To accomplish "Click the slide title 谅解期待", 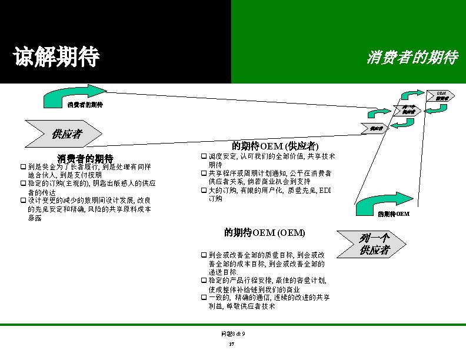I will point(56,57).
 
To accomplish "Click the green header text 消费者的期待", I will point(412,58).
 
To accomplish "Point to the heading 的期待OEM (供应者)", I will point(275,145).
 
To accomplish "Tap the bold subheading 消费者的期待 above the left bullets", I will point(85,158).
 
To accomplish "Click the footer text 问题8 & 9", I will point(233,334).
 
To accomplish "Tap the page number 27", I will point(232,344).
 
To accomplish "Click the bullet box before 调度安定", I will point(204,157).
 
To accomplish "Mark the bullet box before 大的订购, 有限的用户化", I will point(204,191).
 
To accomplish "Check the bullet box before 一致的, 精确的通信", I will point(204,298).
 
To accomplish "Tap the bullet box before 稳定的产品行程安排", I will point(204,281).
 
